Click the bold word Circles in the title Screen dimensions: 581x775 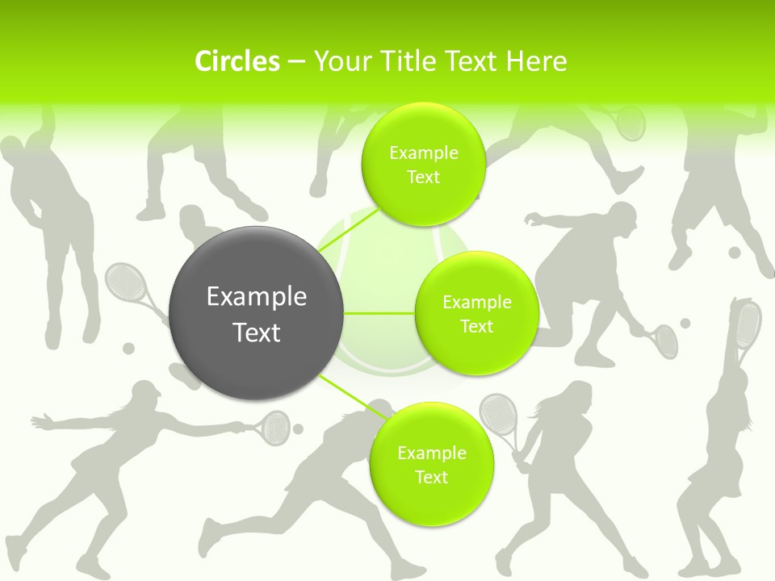point(237,61)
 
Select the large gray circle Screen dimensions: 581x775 point(257,313)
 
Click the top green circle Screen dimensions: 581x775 point(423,165)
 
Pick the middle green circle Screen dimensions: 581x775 point(476,313)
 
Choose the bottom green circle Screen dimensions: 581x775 point(431,465)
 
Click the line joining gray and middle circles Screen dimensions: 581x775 point(379,313)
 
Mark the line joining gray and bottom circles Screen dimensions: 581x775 point(350,397)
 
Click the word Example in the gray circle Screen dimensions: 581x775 point(257,297)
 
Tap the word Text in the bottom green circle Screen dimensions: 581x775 point(431,477)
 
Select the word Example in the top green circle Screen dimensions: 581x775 point(423,153)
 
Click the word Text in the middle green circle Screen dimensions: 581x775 point(476,326)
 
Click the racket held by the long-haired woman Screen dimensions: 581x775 point(498,415)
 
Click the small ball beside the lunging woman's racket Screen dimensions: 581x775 point(298,428)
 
